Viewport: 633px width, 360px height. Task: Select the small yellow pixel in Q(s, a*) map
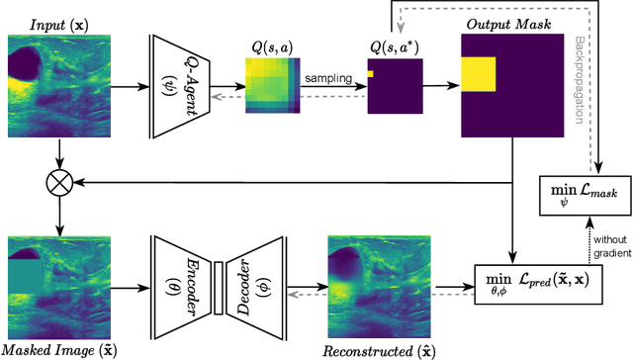pos(369,73)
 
